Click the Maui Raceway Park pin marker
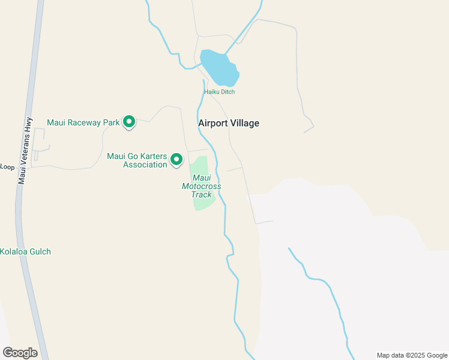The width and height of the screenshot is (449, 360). pos(128,122)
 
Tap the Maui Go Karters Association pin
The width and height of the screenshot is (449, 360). pos(176,159)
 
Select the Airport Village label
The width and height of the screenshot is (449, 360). pos(229,123)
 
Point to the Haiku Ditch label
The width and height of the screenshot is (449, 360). pos(219,92)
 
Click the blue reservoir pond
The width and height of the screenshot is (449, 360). pos(219,68)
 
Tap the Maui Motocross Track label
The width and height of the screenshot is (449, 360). pos(202,186)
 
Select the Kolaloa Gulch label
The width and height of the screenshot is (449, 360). pos(25,251)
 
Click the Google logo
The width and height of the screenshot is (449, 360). pos(20,352)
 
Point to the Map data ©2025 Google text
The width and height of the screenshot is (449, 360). pos(411,355)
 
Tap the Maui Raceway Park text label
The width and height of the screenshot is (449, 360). pos(83,122)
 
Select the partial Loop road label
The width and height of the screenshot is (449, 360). pos(7,167)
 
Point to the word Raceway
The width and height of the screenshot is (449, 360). pos(85,122)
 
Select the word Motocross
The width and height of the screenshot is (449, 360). pos(202,186)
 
